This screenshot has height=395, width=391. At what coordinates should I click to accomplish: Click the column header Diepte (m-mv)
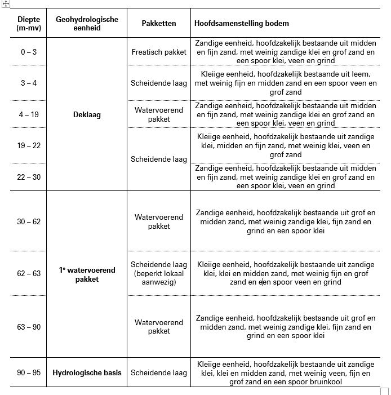click(x=28, y=23)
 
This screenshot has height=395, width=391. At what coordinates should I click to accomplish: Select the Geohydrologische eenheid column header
click(x=87, y=23)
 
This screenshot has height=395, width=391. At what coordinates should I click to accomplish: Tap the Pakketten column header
click(x=159, y=23)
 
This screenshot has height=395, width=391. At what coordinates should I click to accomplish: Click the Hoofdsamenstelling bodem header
click(x=242, y=23)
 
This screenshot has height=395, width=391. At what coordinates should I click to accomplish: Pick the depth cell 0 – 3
click(x=28, y=52)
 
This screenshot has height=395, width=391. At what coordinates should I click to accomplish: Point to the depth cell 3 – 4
click(x=28, y=83)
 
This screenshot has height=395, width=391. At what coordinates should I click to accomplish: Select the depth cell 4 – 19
click(x=28, y=114)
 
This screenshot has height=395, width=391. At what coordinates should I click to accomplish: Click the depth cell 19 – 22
click(x=28, y=145)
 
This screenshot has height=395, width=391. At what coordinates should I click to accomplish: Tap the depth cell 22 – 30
click(x=28, y=177)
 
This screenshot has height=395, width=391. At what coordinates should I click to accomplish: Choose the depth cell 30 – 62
click(x=28, y=221)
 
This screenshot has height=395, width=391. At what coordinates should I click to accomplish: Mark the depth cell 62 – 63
click(x=28, y=273)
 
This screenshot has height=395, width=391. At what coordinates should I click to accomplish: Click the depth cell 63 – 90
click(x=28, y=327)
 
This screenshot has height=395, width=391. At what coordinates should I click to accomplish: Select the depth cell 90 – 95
click(x=28, y=372)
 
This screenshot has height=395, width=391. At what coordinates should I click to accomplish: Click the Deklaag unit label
click(x=87, y=114)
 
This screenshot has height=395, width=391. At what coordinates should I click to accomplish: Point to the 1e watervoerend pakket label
click(x=87, y=274)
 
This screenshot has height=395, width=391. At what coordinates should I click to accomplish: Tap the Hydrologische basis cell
click(x=87, y=372)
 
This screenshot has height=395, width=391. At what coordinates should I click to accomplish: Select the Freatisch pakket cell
click(x=159, y=52)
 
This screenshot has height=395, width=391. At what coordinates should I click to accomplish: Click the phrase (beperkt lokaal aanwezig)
click(x=159, y=278)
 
